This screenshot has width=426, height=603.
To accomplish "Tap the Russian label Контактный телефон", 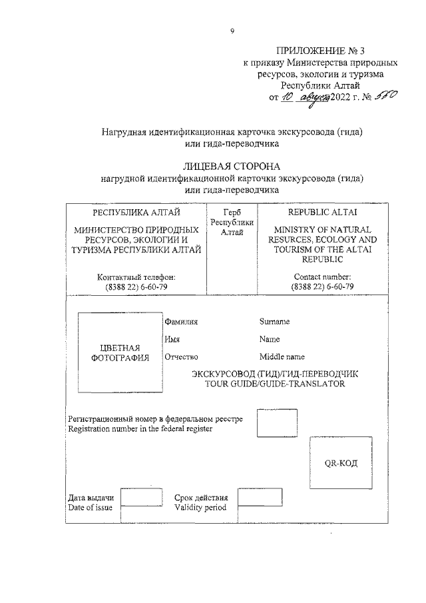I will point(136,277).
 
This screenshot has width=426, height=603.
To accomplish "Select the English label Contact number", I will point(322,277).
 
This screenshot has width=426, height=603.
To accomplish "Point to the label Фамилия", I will point(182,322).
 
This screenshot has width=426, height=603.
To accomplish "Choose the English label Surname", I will point(274,322).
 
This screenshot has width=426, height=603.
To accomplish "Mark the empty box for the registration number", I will point(277,423).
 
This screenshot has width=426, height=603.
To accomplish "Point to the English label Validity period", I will point(200,508).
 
